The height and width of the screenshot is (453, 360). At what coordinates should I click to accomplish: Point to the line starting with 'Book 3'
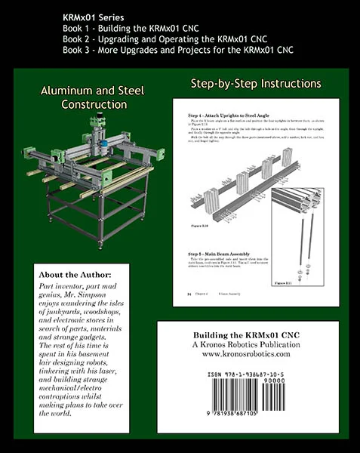point(179,50)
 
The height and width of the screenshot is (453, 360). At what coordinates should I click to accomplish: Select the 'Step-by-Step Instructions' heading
point(251,83)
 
